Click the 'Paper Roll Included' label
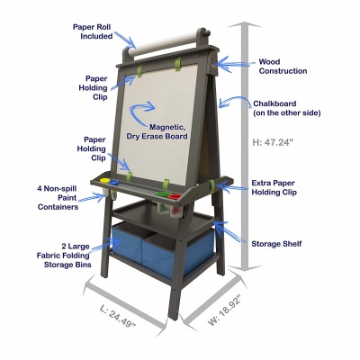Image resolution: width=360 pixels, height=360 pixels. (x=93, y=31)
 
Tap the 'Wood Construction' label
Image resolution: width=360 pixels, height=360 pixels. (x=283, y=67)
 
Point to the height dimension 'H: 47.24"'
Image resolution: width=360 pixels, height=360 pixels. (x=272, y=142)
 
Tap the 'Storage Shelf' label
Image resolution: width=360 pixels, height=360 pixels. (x=276, y=244)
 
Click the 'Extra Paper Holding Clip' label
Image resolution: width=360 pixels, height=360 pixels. (x=274, y=187)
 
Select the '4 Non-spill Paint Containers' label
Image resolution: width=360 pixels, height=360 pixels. (x=58, y=198)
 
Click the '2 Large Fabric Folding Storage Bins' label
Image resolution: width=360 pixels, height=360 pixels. (x=64, y=256)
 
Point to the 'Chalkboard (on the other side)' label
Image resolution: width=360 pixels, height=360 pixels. (x=287, y=108)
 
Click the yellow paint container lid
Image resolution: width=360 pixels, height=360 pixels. (x=104, y=181)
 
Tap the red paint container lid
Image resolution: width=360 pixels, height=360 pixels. (x=175, y=197)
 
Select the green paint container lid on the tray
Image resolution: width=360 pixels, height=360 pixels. (x=162, y=194)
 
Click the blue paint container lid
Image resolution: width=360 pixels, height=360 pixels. (x=113, y=182)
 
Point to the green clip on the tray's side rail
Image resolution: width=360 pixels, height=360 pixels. (x=212, y=186)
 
